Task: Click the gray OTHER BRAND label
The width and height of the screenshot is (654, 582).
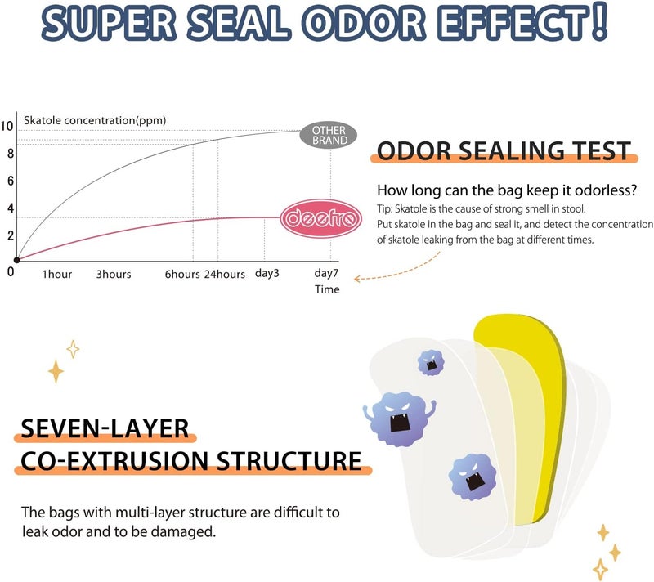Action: click(329, 135)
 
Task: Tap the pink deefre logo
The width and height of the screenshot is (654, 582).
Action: click(320, 218)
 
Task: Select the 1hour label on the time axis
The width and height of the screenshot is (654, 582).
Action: click(57, 274)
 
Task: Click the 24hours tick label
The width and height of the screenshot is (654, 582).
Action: click(224, 274)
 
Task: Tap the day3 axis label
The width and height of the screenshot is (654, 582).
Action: click(267, 273)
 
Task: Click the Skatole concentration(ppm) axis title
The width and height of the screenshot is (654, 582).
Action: click(95, 120)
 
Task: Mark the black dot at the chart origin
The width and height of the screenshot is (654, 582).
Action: click(16, 260)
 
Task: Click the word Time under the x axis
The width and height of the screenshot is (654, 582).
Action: click(327, 289)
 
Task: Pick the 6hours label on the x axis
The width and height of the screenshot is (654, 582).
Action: click(181, 274)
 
